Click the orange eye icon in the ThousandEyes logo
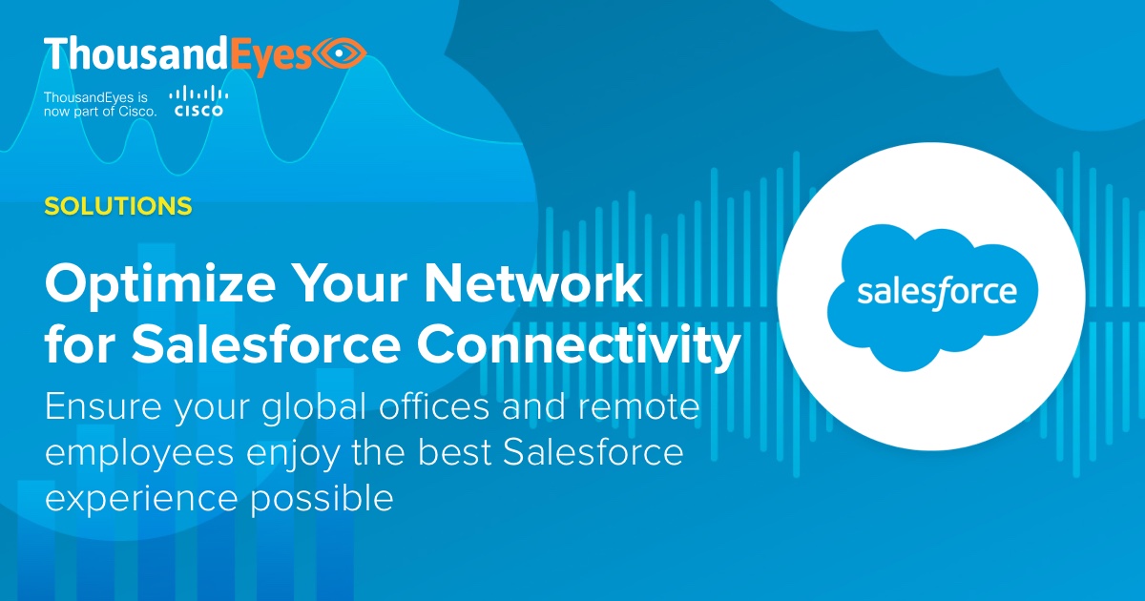[341, 54]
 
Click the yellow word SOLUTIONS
[117, 205]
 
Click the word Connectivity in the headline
[575, 347]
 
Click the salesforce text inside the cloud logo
[935, 292]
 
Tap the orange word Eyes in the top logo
[274, 54]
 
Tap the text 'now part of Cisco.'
[100, 112]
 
